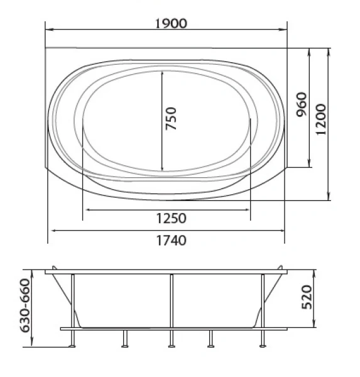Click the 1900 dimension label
point(171,24)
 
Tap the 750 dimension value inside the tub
point(172,118)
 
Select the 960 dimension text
point(302,104)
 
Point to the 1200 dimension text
point(321,119)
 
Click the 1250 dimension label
point(172,218)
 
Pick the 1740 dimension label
point(172,241)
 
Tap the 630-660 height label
point(25,305)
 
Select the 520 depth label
point(307,297)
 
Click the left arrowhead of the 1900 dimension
point(49,30)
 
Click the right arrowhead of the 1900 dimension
point(283,30)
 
